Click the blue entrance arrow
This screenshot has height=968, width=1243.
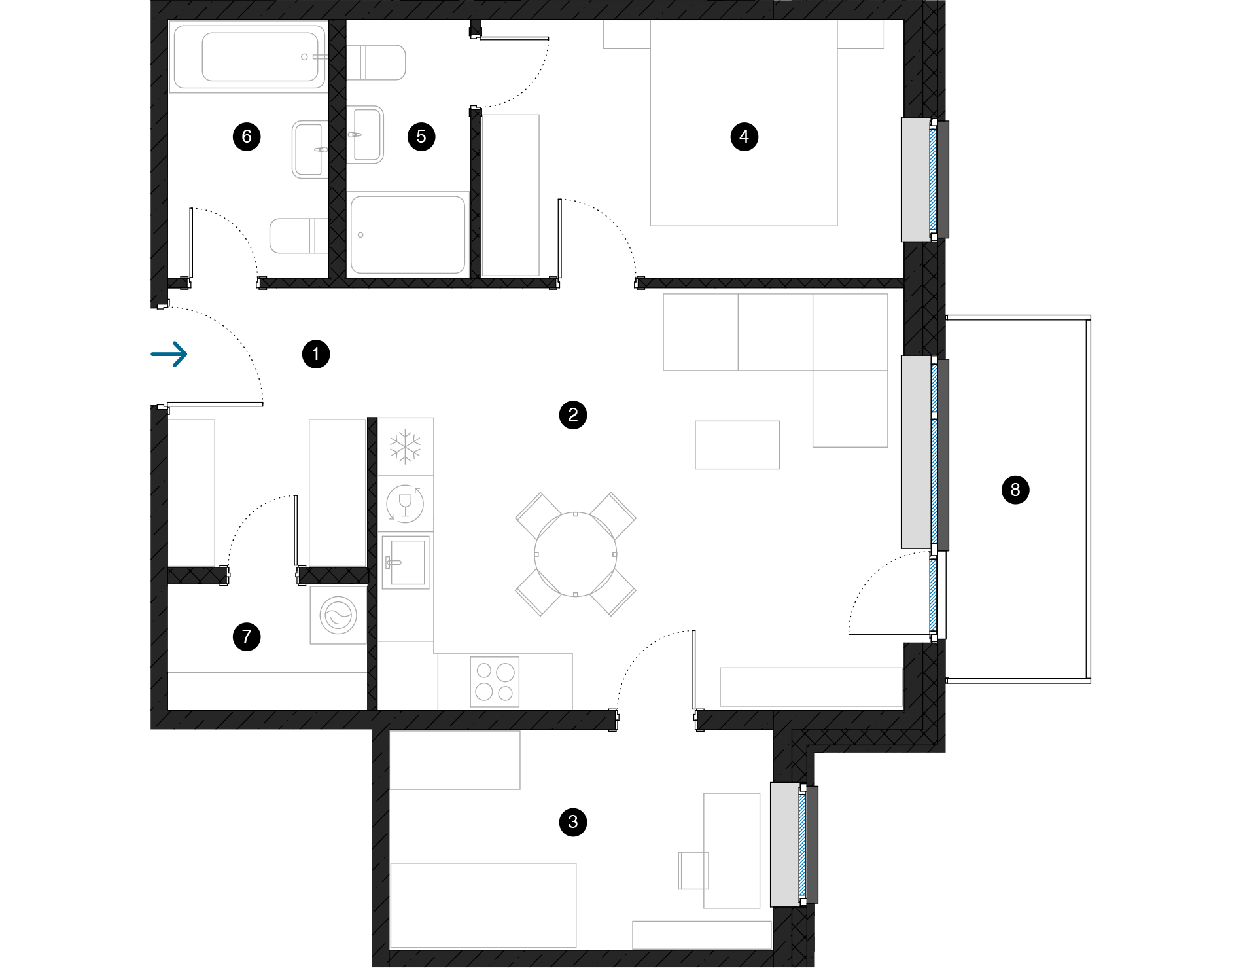(169, 354)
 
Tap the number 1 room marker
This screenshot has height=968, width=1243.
(315, 354)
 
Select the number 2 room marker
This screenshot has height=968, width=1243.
(573, 414)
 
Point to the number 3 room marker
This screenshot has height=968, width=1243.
(573, 822)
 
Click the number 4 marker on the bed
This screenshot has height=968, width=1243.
(744, 136)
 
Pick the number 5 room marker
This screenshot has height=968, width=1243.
(421, 136)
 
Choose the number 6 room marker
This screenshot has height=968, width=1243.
(247, 136)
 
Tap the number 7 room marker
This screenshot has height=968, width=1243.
(247, 636)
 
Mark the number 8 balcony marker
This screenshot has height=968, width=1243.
(1015, 490)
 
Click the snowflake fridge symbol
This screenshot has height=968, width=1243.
(406, 446)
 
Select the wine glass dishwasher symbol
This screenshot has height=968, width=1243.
(405, 503)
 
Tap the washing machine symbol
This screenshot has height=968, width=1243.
(338, 615)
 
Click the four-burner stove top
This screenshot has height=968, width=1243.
(495, 682)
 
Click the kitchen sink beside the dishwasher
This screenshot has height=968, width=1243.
(406, 562)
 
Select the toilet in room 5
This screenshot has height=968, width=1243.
(376, 62)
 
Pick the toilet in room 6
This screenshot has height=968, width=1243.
(298, 236)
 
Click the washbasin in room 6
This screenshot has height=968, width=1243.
(309, 149)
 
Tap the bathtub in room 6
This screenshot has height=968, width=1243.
(249, 57)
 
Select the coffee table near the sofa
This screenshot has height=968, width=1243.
(737, 445)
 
